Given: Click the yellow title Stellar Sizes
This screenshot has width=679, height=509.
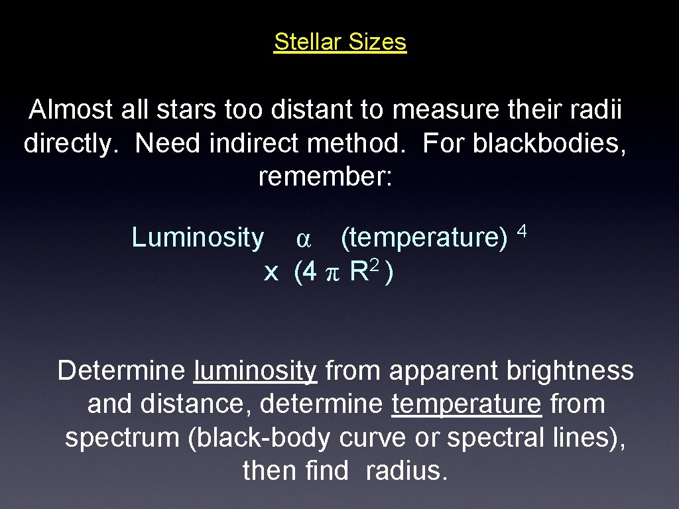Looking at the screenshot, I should coord(339,42).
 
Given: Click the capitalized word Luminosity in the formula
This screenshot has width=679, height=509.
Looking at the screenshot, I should coord(198,237).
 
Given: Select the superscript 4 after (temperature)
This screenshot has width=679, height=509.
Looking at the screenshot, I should coord(522,231).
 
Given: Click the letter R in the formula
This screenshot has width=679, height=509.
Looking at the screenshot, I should coord(358,271).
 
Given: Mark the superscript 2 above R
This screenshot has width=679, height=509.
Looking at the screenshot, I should coord(375,265).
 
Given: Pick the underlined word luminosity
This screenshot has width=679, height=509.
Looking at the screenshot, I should coord(255,371).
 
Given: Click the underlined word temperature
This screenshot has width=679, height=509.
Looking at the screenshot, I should coord(466,404).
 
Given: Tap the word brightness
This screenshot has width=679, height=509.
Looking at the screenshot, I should coord(570,371).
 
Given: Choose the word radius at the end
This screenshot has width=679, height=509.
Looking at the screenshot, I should coord(407,471).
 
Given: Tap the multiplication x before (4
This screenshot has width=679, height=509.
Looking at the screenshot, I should coord(271,272).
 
